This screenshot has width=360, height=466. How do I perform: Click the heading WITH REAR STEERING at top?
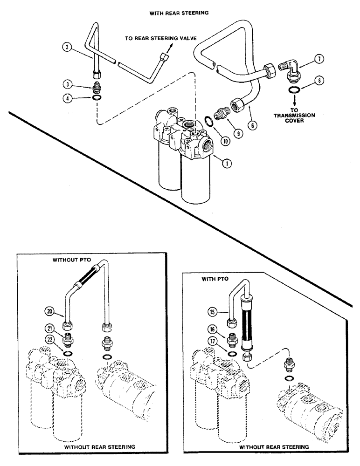pyautogui.click(x=178, y=14)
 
